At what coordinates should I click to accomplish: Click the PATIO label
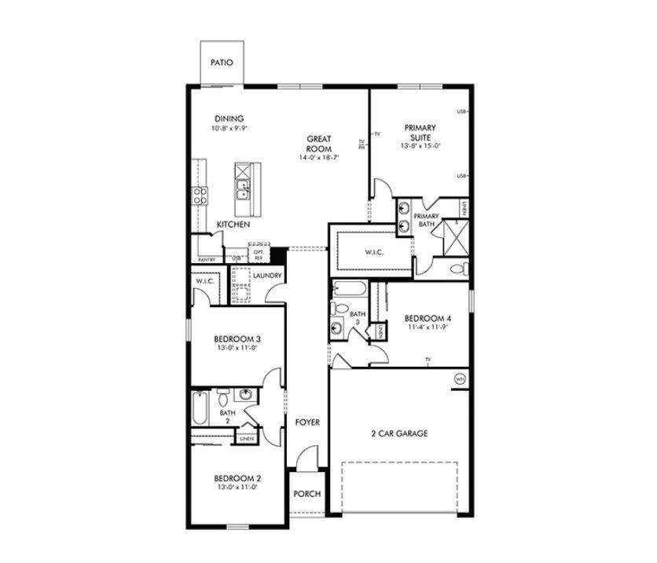tap(222, 62)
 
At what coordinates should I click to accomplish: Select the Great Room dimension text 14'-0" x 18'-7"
tap(318, 158)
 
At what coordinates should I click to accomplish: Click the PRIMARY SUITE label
tap(420, 131)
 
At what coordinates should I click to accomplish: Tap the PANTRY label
tap(207, 260)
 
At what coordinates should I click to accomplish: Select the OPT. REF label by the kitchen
tap(258, 254)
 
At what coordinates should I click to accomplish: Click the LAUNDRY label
tap(267, 276)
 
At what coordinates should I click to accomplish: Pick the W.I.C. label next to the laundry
tap(206, 281)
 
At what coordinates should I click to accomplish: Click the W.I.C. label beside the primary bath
tap(373, 253)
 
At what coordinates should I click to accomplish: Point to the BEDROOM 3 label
tap(237, 339)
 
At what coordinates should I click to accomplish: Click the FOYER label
tap(307, 422)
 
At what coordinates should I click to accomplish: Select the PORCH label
tap(306, 494)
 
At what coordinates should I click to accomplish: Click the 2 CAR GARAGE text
tap(399, 433)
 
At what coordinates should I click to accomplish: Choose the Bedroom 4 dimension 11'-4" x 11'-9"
tap(428, 328)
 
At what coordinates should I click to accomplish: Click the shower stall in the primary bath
tap(455, 236)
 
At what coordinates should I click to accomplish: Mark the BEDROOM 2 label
tap(237, 477)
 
